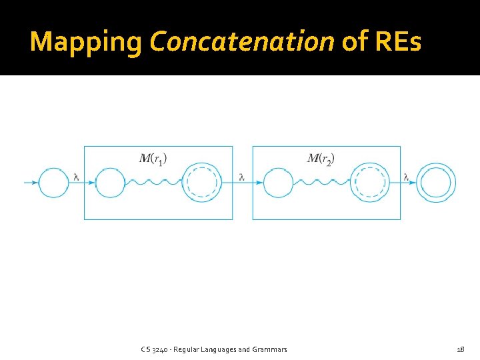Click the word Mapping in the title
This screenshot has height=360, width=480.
[86, 42]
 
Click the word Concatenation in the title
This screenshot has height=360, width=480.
[242, 41]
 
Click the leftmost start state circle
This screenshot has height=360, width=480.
[54, 182]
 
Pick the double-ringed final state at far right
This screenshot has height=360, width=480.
[437, 182]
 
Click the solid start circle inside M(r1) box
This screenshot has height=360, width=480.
[111, 182]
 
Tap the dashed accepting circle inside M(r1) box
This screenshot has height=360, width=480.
[202, 182]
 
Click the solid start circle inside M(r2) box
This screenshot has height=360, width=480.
[279, 182]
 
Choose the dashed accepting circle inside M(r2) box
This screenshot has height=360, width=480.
[370, 182]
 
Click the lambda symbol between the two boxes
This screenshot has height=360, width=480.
[241, 177]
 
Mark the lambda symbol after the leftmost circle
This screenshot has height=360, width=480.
[76, 177]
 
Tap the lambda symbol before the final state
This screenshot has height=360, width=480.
[406, 177]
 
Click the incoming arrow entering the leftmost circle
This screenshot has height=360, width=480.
[31, 182]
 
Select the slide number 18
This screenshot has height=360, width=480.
[460, 349]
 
